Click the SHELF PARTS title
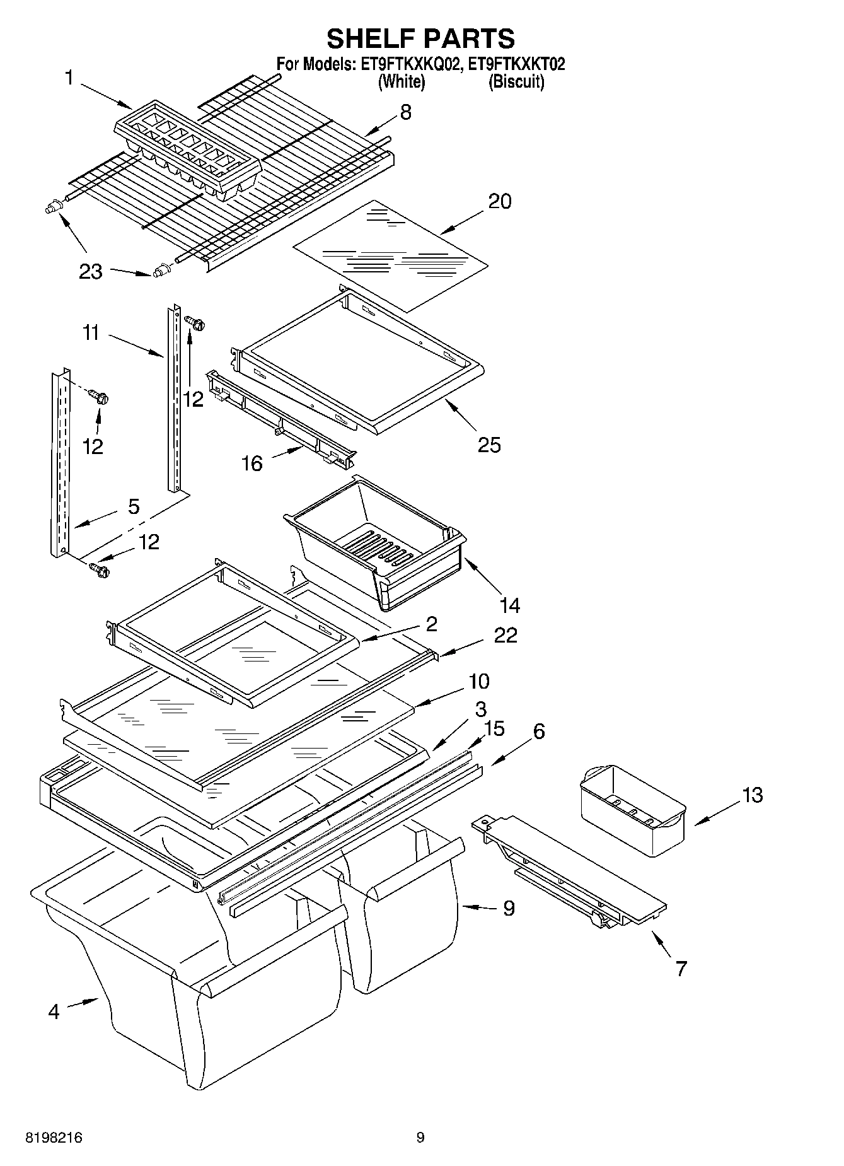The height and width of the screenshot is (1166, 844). click(x=420, y=38)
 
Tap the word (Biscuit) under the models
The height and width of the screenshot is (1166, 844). click(x=516, y=81)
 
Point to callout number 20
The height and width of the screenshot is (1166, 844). click(x=499, y=201)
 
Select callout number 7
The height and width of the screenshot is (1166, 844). click(x=681, y=968)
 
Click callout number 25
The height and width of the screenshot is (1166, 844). click(x=489, y=445)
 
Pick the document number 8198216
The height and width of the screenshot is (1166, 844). click(x=54, y=1138)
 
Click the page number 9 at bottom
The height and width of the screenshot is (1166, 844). click(x=420, y=1138)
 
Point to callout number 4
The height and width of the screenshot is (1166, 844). click(x=54, y=1012)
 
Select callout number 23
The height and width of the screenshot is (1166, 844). click(x=91, y=272)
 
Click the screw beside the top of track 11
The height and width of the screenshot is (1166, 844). click(x=196, y=324)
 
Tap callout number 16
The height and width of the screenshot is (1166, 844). click(x=251, y=463)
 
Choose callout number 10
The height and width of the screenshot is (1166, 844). click(x=479, y=682)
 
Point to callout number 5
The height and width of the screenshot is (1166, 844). click(x=134, y=506)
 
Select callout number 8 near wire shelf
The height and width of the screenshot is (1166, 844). click(x=405, y=112)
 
